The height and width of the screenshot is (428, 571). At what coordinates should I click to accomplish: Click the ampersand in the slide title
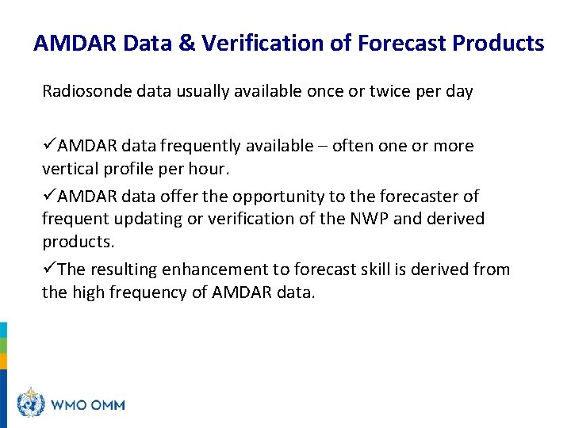(x=186, y=43)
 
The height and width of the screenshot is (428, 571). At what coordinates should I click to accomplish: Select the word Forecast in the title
(x=402, y=43)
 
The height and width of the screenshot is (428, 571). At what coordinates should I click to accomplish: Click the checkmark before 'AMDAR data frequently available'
(x=49, y=146)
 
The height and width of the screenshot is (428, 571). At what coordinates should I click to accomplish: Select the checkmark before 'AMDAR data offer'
(x=49, y=196)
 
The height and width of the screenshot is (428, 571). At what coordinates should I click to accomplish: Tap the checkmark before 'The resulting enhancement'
(x=49, y=269)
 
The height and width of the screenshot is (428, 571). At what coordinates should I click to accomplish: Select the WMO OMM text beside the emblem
(x=88, y=404)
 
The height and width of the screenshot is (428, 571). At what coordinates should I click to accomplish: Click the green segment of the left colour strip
(x=3, y=346)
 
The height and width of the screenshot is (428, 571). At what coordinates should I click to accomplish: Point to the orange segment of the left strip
(x=3, y=361)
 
